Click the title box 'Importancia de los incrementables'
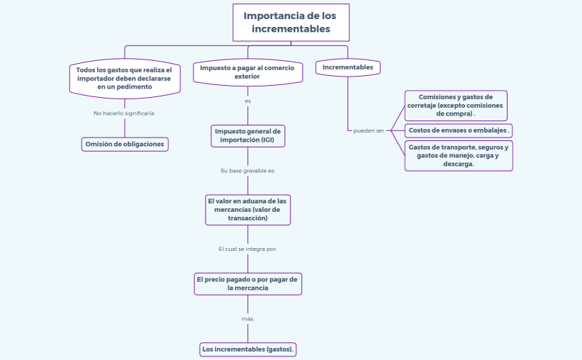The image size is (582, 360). tap(291, 23)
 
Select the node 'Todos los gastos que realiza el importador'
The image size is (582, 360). tap(124, 78)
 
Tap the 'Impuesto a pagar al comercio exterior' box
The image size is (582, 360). tap(247, 72)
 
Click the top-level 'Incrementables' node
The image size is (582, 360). tap(347, 67)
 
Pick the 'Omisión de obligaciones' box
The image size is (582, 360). tap(125, 144)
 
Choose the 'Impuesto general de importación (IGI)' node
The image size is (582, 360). tap(247, 135)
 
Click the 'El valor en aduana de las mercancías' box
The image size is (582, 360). tap(247, 210)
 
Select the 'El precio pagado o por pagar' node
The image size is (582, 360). tap(247, 283)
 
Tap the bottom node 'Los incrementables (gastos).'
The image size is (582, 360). tap(248, 349)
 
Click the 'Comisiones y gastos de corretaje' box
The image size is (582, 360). tap(455, 105)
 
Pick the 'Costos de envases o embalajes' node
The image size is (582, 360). tap(459, 130)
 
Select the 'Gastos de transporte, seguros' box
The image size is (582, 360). tap(458, 155)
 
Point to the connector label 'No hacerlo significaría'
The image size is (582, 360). tap(124, 113)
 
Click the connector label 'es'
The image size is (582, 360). tap(247, 101)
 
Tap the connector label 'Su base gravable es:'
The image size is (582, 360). tap(247, 171)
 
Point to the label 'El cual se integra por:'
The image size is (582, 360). tap(247, 249)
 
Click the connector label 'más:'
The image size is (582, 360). tap(247, 319)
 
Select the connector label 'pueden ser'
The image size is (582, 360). tap(369, 130)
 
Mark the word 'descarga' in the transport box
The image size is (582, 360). tap(458, 164)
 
